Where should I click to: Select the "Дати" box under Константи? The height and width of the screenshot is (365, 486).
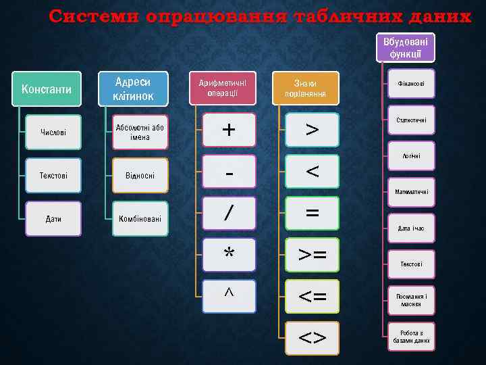pyautogui.click(x=53, y=218)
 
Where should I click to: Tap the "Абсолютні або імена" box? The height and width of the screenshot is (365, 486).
pyautogui.click(x=140, y=132)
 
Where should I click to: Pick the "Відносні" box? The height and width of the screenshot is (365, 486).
pyautogui.click(x=140, y=176)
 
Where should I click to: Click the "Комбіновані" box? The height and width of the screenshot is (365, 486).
pyautogui.click(x=140, y=218)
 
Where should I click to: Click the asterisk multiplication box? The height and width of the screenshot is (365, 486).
pyautogui.click(x=230, y=254)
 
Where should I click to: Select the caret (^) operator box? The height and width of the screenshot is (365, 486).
pyautogui.click(x=230, y=295)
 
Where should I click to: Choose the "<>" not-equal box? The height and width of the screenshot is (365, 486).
pyautogui.click(x=312, y=336)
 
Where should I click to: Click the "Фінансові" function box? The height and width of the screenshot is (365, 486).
pyautogui.click(x=411, y=84)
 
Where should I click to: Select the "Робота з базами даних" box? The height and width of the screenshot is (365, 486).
pyautogui.click(x=411, y=337)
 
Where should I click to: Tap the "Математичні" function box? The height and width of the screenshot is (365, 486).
pyautogui.click(x=411, y=193)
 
